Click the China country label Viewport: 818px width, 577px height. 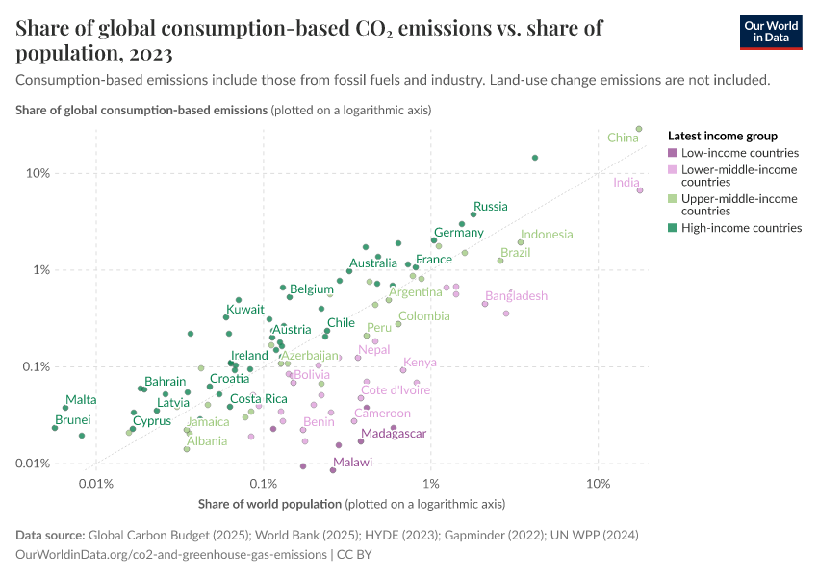623,138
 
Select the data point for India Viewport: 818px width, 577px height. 640,190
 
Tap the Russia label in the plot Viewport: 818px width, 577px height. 491,207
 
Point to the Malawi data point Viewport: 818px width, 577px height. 333,470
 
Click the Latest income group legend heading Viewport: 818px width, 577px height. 722,137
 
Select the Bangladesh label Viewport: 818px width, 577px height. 516,296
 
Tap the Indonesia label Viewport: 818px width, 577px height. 547,235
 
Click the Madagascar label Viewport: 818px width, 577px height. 394,434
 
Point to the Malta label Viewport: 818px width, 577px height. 81,400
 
